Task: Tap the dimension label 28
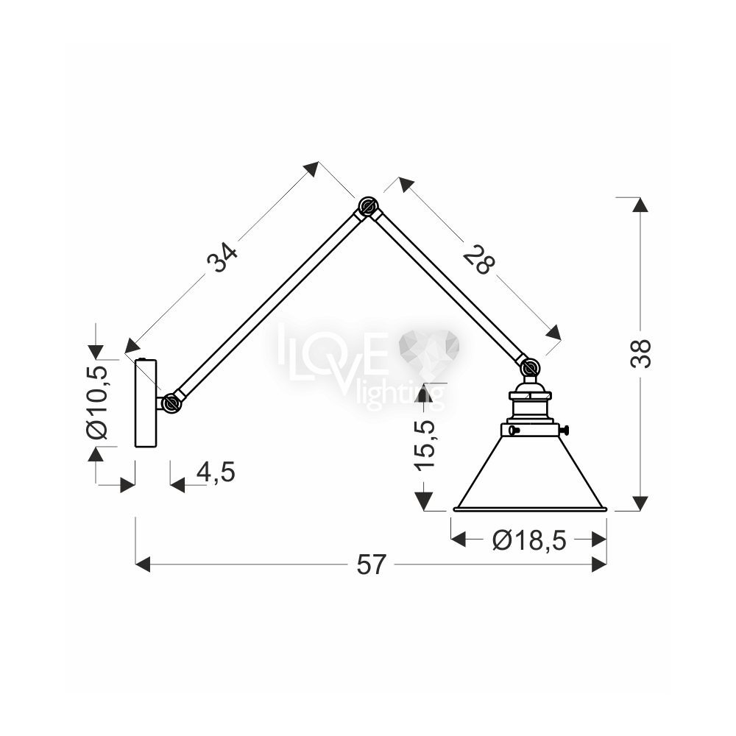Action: click(x=479, y=259)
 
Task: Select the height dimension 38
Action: click(x=642, y=353)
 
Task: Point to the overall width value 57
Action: click(x=371, y=565)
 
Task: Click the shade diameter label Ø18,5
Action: click(x=529, y=541)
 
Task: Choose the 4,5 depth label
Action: click(x=216, y=472)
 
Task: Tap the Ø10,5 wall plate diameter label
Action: click(x=98, y=402)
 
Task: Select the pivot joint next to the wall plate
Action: click(x=171, y=403)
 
